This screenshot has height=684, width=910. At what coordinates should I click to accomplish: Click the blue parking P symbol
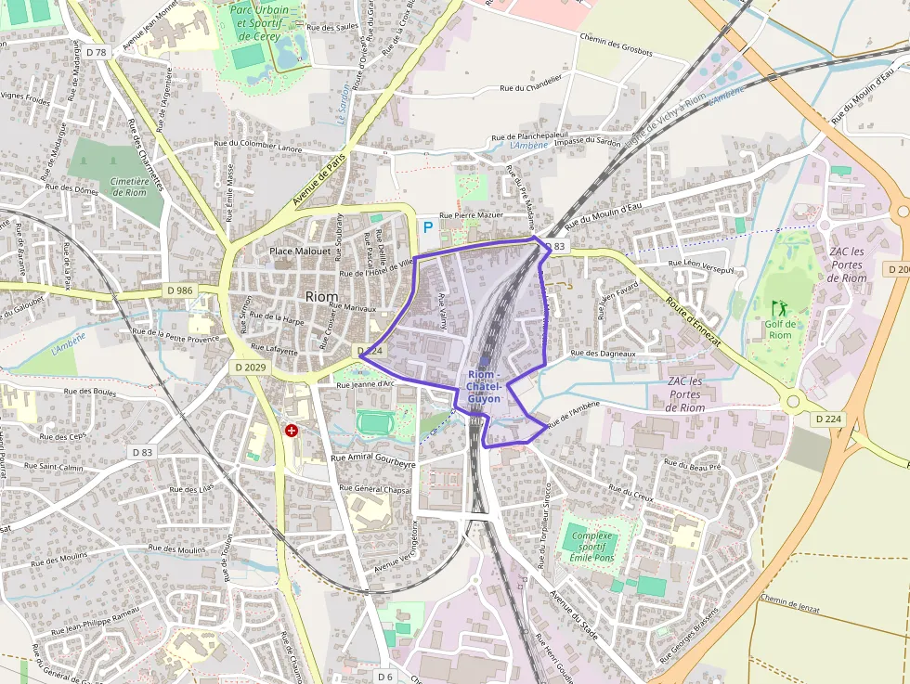[x=428, y=226]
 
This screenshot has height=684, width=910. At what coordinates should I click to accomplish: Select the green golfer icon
[x=779, y=307]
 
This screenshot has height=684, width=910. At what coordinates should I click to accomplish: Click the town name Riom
[x=321, y=296]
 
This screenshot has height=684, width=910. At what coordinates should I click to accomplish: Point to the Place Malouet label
[x=300, y=252]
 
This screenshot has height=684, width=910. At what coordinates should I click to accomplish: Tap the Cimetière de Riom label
[x=129, y=187]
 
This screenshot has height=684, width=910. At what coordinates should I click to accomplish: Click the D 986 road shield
[x=181, y=290]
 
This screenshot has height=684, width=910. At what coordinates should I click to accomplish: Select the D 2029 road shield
[x=248, y=368]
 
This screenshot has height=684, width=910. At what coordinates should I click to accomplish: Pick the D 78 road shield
[x=95, y=51]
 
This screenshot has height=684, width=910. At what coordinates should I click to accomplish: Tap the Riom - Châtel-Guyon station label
[x=484, y=385]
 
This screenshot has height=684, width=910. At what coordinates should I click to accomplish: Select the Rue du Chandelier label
[x=531, y=86]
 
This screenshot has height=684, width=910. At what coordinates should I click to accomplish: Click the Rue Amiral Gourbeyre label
[x=373, y=459]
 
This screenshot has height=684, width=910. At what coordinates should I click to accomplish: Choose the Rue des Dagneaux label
[x=604, y=354]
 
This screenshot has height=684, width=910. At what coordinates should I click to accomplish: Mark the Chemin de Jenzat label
[x=789, y=603]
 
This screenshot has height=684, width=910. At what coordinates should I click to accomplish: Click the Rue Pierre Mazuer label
[x=471, y=214]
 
